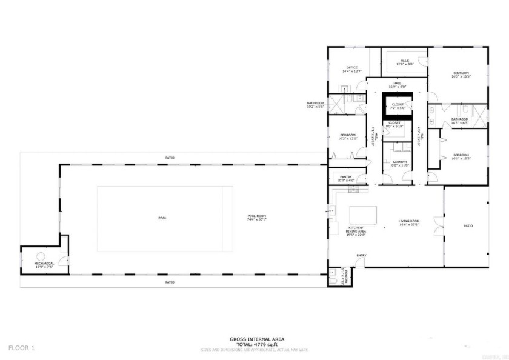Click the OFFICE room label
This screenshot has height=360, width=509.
(351, 67)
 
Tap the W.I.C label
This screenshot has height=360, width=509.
(404, 61)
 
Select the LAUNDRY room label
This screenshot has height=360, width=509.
(399, 162)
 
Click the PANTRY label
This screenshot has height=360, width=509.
(346, 177)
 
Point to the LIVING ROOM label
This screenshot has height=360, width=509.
(409, 221)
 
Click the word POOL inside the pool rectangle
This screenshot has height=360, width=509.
(162, 218)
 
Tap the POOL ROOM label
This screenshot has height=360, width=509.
(257, 216)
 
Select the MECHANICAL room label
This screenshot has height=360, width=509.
(44, 263)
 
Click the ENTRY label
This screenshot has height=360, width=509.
(361, 255)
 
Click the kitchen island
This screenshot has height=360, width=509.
(363, 216)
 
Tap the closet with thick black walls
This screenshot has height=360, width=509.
(397, 107)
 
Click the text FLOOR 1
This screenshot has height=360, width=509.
(22, 348)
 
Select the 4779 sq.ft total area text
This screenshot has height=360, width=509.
(257, 344)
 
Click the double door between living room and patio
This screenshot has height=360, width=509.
(443, 222)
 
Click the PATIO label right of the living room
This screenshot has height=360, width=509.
(468, 225)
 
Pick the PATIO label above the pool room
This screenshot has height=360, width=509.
(170, 158)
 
